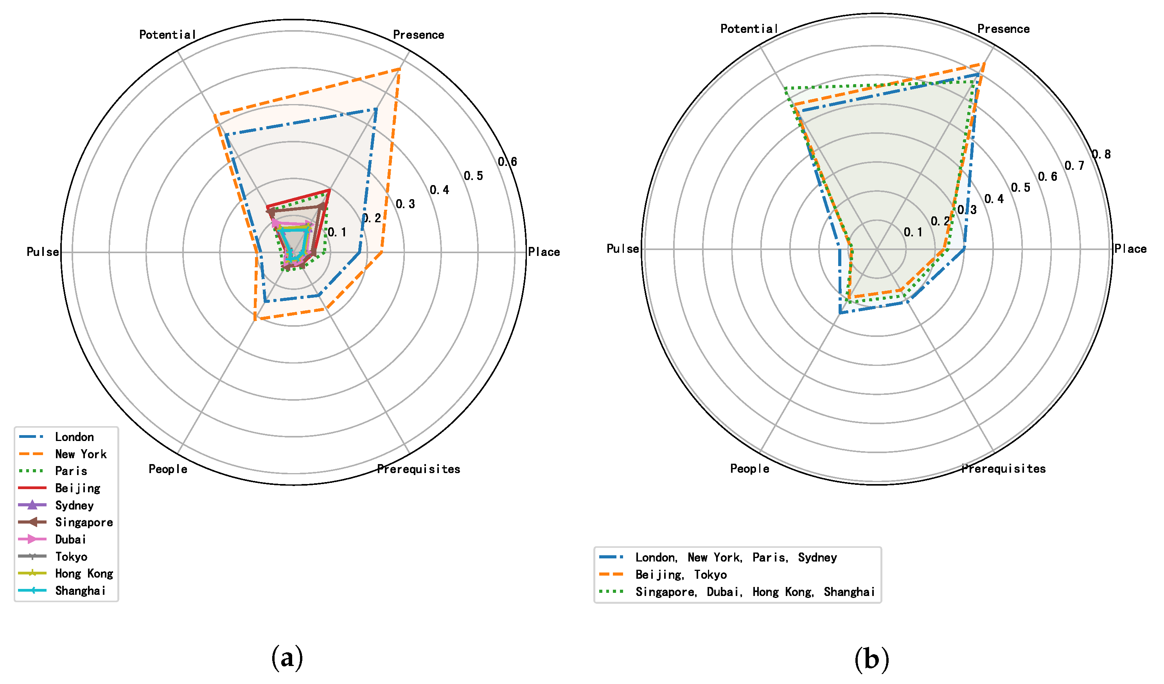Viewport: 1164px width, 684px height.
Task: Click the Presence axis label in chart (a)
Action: pos(418,35)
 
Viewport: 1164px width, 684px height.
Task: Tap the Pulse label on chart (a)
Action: pos(43,252)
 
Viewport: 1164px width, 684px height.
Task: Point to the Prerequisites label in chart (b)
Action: pos(1003,469)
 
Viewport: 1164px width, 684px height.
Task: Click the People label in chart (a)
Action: pos(168,469)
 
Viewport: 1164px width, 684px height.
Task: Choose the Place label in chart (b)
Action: pos(1130,248)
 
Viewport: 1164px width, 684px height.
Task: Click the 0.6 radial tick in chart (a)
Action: pos(507,162)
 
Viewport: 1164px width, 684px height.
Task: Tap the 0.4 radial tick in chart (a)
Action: pos(439,190)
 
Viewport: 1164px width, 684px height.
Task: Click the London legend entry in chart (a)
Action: pos(74,437)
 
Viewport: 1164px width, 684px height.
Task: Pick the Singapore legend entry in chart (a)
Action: pos(84,522)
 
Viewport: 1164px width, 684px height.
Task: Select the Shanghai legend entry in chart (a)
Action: pos(80,590)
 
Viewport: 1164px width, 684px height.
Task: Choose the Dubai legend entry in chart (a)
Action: pos(71,539)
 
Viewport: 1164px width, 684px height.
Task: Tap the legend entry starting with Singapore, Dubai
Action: pos(755,592)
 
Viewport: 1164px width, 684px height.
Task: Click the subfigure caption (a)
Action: pos(287,658)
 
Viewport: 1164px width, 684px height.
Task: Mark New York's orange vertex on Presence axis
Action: pos(400,68)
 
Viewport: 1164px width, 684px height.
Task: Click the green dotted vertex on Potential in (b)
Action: pos(785,87)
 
